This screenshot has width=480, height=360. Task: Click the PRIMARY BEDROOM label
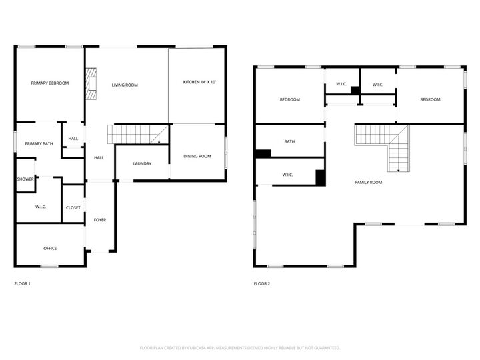pos(50,83)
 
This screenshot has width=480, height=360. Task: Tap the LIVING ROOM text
pos(125,85)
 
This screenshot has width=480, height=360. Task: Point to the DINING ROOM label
pos(197,156)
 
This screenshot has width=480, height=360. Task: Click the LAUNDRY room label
pos(142,163)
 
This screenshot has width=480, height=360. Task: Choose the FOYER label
pos(99,220)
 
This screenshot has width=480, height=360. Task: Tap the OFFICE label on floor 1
pos(50,249)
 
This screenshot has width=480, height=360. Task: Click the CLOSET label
pos(73,207)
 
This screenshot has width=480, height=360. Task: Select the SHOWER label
pos(25,179)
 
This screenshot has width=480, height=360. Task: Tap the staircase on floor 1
pos(139,135)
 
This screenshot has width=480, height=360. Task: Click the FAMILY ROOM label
pos(368,182)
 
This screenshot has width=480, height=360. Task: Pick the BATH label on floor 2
pos(289,141)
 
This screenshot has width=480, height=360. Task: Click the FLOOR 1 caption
pos(23,284)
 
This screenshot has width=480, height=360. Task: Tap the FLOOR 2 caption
pos(262,284)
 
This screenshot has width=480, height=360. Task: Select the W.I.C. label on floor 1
pos(41,207)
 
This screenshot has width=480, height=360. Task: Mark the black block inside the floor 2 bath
pos(263,153)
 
